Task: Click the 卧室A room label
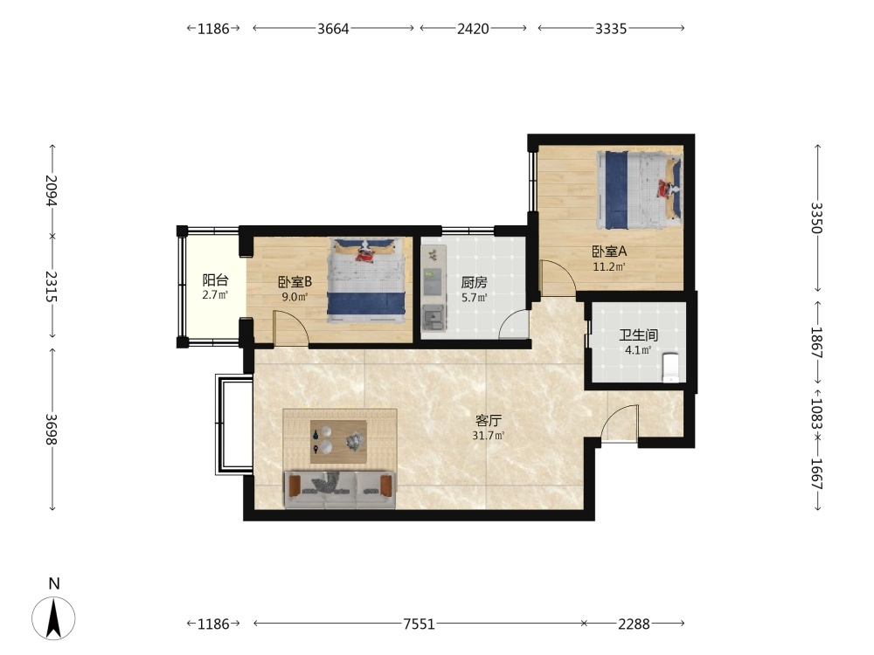(609, 252)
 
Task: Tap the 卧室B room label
(295, 282)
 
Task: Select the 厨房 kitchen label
(474, 283)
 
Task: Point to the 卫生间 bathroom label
(638, 335)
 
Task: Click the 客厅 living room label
(488, 421)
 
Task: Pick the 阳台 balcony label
(215, 279)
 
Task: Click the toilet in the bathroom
(670, 367)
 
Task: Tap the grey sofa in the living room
(340, 490)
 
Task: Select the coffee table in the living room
(338, 442)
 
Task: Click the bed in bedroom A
(640, 190)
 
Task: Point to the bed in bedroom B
(366, 280)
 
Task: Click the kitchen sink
(434, 318)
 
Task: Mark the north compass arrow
(53, 617)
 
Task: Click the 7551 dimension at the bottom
(420, 624)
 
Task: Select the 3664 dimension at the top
(333, 29)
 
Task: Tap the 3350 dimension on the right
(816, 217)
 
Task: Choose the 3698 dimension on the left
(52, 430)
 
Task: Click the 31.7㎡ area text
(489, 436)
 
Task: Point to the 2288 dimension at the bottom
(634, 624)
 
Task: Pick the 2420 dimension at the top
(473, 29)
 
